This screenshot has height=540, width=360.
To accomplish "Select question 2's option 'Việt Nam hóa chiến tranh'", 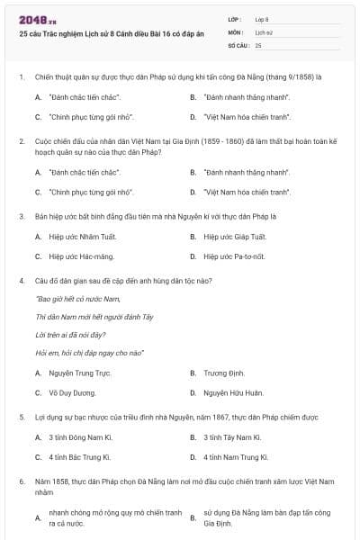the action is click(236, 192).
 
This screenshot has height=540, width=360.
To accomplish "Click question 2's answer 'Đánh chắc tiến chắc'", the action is click(84, 171).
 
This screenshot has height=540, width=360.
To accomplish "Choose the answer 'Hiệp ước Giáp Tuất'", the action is click(236, 237).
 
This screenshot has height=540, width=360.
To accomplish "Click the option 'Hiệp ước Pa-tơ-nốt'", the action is click(235, 256).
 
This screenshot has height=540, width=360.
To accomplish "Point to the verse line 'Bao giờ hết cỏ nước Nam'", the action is click(78, 299).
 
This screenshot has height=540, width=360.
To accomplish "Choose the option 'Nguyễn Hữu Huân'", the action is click(233, 392).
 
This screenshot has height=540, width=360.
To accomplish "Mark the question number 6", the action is click(22, 482).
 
